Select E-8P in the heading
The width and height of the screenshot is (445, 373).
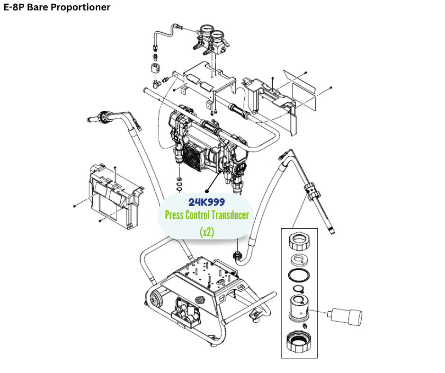14,8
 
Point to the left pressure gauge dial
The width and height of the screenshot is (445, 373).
205,33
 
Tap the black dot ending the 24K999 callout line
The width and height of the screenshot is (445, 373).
206,192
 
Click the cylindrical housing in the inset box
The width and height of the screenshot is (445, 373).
297,308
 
